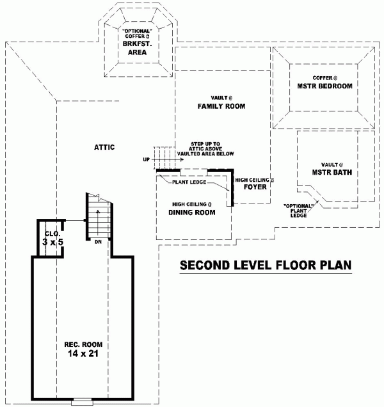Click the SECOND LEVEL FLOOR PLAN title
[266, 265]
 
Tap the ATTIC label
[104, 147]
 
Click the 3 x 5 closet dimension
[52, 243]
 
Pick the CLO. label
[51, 234]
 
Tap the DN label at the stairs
[99, 242]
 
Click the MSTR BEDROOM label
[325, 86]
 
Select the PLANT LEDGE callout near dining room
[188, 182]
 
